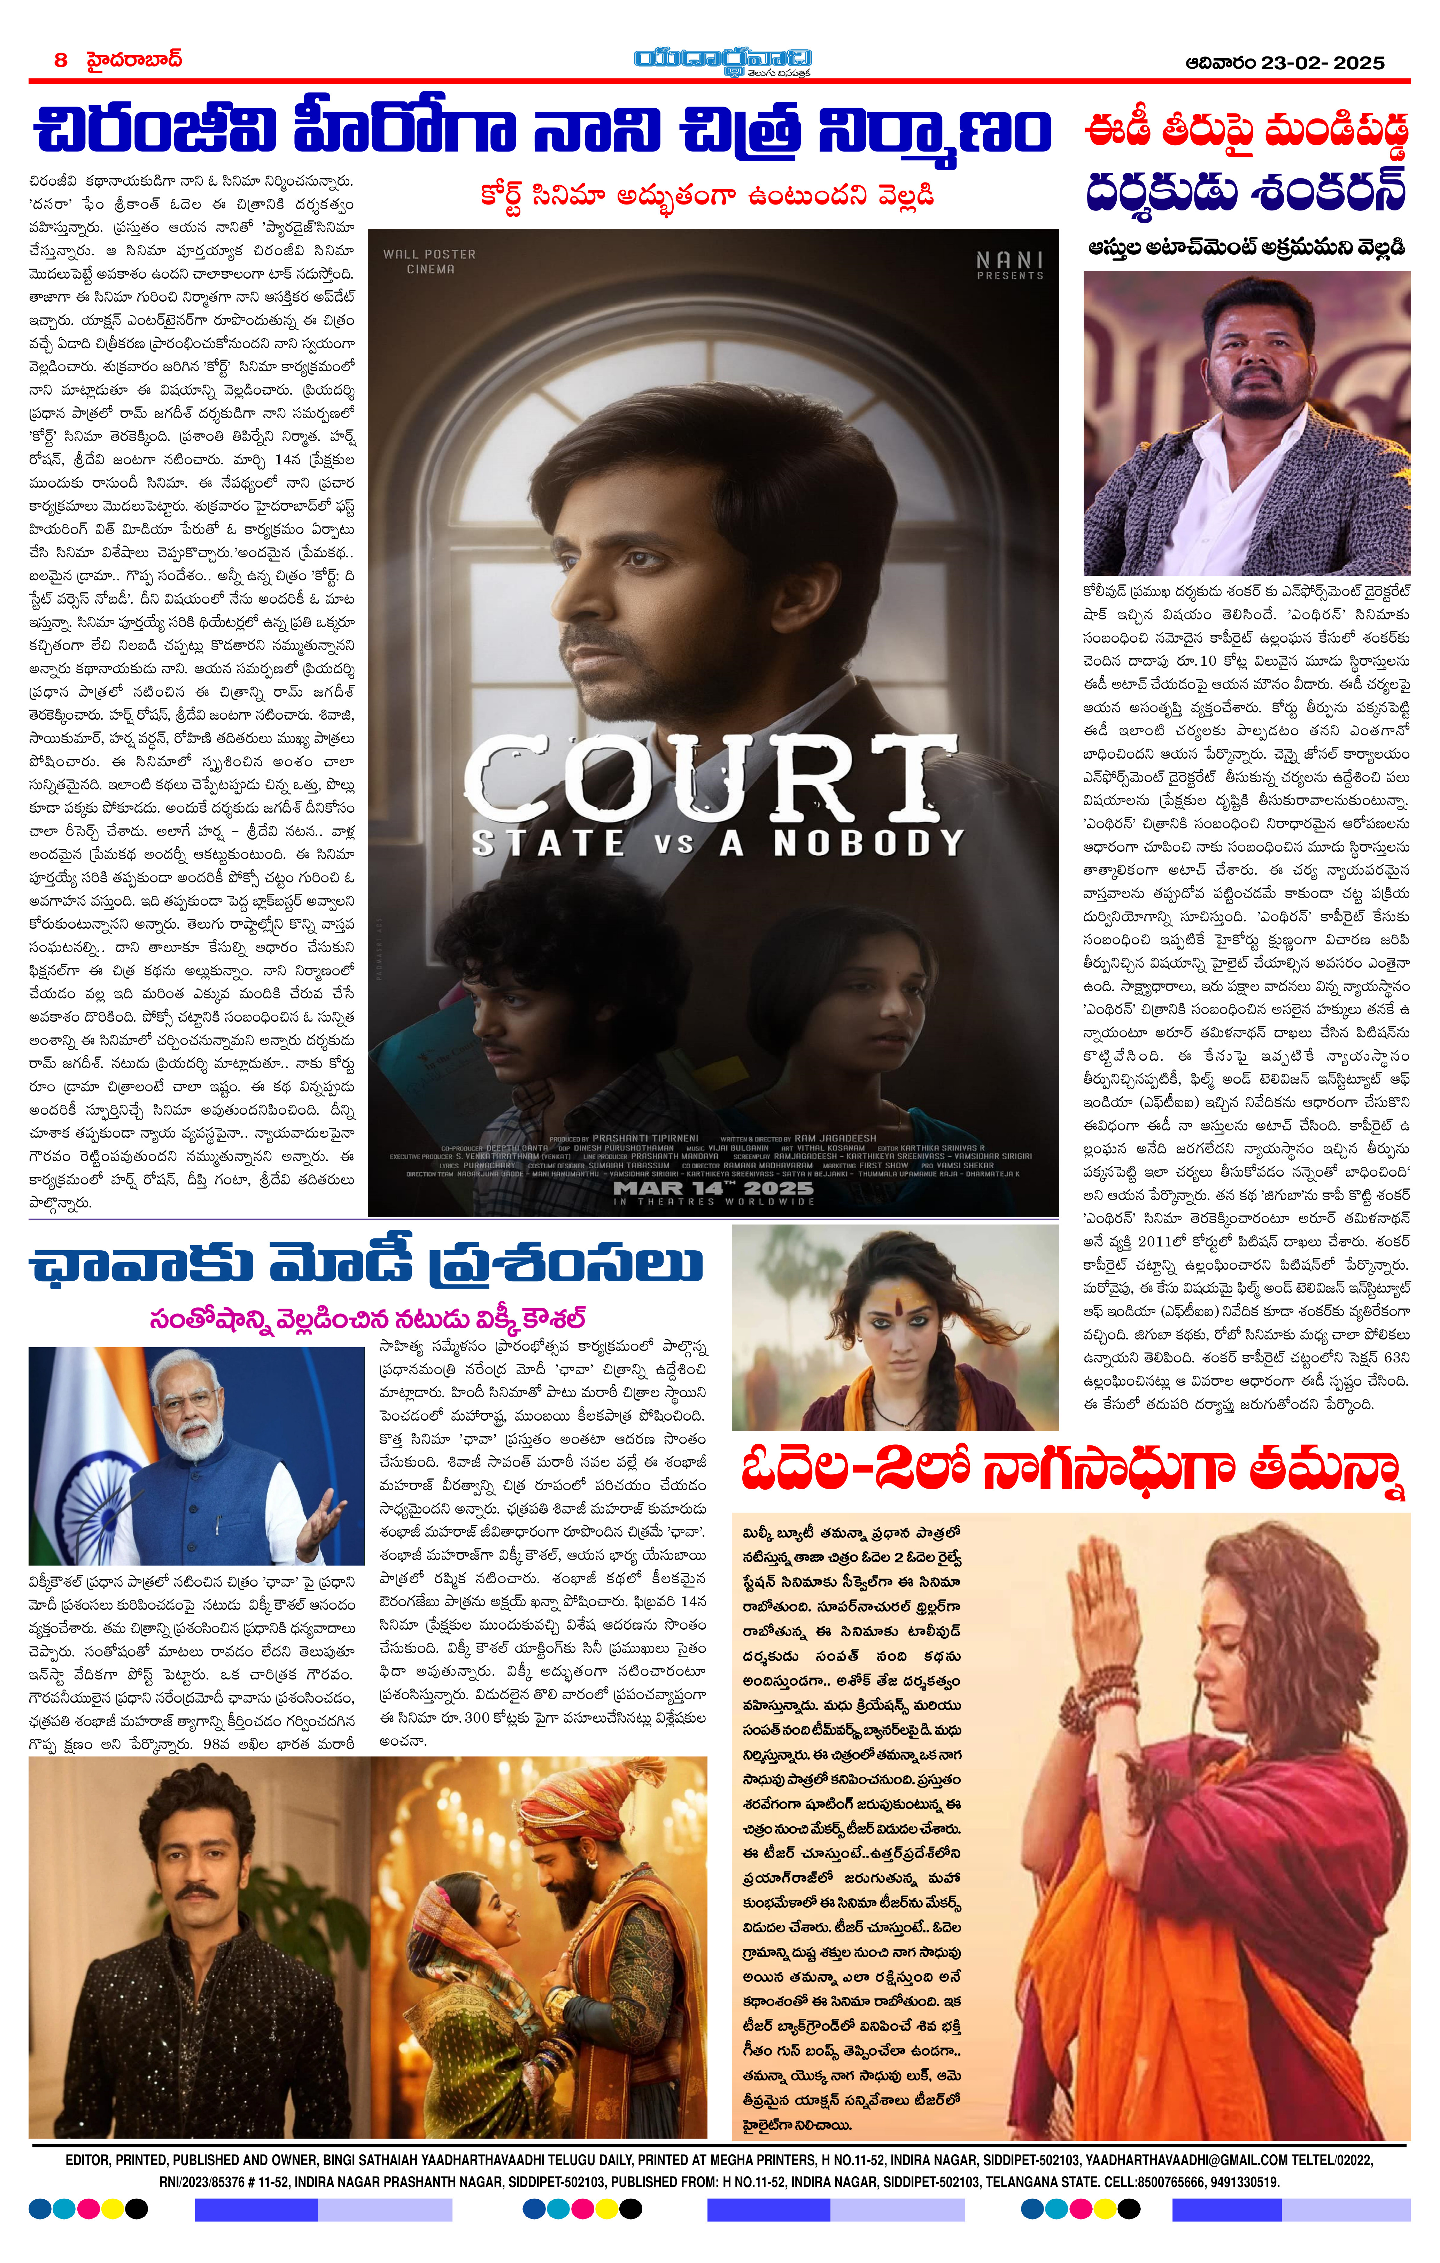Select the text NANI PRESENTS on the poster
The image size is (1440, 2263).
coord(1009,265)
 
